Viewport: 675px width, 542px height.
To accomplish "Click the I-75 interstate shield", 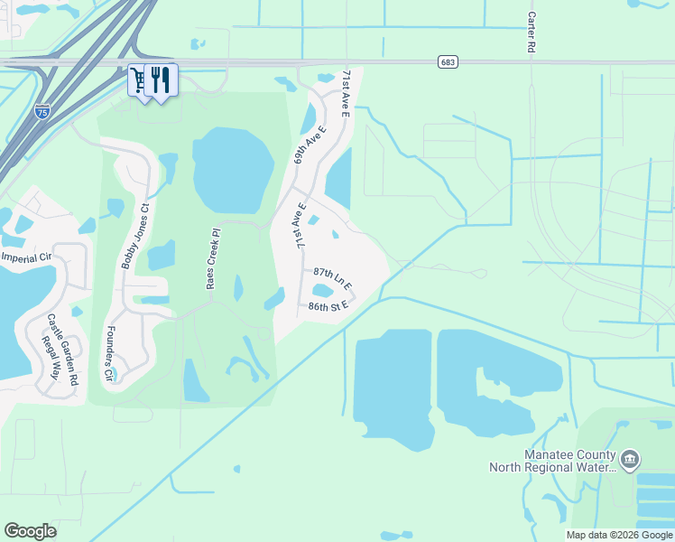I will [x=42, y=111].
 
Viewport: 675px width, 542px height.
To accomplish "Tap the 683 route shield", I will [x=448, y=61].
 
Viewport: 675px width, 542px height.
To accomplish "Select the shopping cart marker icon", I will [x=138, y=80].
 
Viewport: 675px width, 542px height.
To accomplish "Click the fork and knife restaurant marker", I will [x=161, y=79].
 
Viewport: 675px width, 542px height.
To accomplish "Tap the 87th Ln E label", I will [x=333, y=277].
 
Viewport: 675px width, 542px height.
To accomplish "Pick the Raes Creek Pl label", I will [x=211, y=258].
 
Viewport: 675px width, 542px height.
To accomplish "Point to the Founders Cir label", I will [x=111, y=352].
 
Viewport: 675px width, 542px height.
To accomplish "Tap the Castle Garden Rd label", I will [x=57, y=346].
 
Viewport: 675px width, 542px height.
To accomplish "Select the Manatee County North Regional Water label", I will [x=552, y=461].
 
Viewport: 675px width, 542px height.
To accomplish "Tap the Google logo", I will [x=30, y=531].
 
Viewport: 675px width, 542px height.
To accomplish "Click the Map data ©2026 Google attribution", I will [x=619, y=535].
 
